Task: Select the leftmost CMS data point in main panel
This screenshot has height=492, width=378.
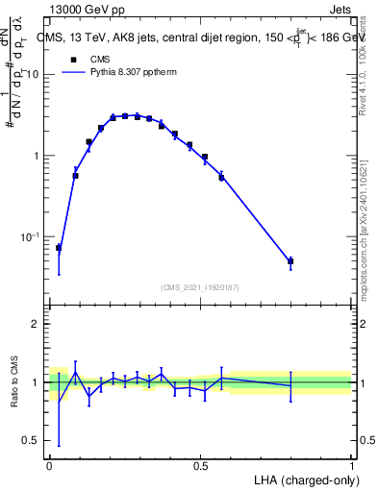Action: coord(58,248)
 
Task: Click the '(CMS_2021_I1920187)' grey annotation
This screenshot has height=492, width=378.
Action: coord(200,285)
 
